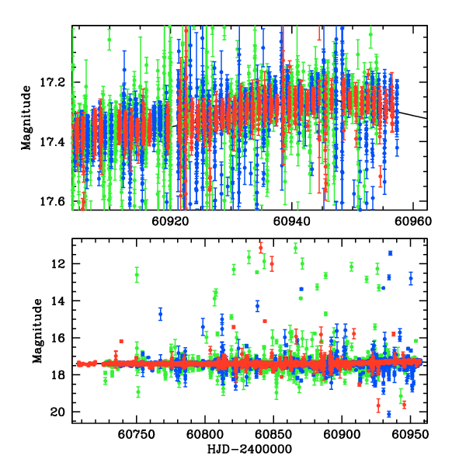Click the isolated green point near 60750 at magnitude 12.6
point(137,275)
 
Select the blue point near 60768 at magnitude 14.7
point(161,314)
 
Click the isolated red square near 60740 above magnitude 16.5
point(121,341)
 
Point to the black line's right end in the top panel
point(425,118)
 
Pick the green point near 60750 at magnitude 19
point(137,392)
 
